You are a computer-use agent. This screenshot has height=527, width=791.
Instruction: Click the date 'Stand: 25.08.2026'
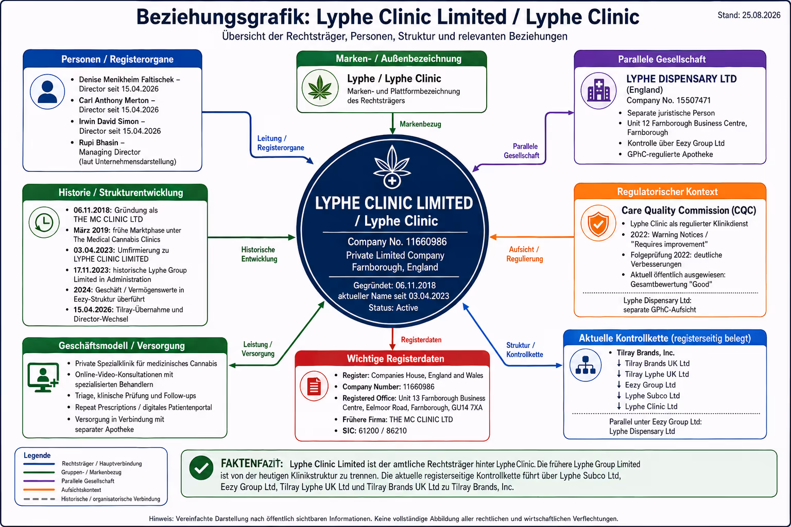[x=749, y=15]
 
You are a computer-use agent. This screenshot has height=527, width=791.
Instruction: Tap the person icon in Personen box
[x=47, y=92]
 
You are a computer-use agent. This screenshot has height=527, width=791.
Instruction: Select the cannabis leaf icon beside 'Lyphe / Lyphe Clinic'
[x=320, y=88]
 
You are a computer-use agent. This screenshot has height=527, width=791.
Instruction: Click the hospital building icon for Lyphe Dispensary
[x=598, y=91]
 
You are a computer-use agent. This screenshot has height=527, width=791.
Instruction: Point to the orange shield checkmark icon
[x=598, y=223]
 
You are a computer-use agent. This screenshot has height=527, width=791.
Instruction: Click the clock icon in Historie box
[x=44, y=222]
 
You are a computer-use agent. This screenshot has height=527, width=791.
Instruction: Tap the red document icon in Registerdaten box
[x=314, y=386]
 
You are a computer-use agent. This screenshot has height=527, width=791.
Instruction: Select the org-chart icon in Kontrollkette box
[x=586, y=365]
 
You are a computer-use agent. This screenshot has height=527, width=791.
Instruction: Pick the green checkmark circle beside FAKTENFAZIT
[x=201, y=468]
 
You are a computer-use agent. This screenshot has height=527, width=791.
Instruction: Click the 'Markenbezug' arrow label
[x=420, y=124]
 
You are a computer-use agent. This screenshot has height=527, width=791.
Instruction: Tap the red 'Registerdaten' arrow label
[x=421, y=340]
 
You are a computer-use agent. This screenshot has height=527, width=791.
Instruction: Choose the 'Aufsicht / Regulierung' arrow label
[x=524, y=254]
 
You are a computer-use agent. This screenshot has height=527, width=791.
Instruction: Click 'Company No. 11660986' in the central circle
[x=397, y=242]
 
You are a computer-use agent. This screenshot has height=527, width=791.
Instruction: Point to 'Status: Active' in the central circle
[x=393, y=308]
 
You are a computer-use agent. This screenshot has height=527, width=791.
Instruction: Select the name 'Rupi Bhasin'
[x=98, y=143]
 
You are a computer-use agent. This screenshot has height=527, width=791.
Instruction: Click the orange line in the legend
[x=39, y=490]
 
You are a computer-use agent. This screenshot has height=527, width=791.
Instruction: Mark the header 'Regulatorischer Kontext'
[x=667, y=191]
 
